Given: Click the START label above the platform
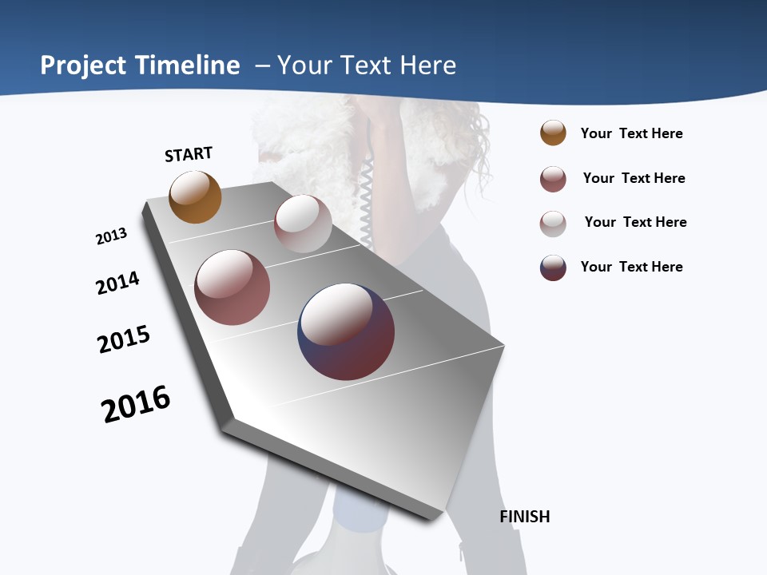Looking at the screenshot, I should (189, 154).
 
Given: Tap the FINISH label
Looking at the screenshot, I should (525, 517).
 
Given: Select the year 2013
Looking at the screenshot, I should (111, 236).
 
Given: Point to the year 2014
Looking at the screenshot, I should (117, 283).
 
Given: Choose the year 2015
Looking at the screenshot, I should (124, 339).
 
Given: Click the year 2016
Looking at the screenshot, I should (136, 403).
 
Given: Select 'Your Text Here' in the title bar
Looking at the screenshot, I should (367, 65).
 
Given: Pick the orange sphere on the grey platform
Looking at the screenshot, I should (195, 197).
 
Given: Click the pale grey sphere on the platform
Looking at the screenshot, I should (303, 224).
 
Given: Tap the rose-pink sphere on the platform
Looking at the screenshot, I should (232, 287).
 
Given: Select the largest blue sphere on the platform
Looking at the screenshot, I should (346, 331).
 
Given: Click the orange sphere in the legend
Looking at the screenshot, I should (553, 133).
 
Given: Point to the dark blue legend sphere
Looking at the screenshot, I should (553, 268).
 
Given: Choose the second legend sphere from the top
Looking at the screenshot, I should (553, 179).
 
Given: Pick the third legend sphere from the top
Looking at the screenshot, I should (553, 224).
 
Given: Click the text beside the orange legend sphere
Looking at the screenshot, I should (631, 134).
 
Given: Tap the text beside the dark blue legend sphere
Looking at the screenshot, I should (631, 267).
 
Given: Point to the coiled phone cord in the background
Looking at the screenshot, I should (367, 200).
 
